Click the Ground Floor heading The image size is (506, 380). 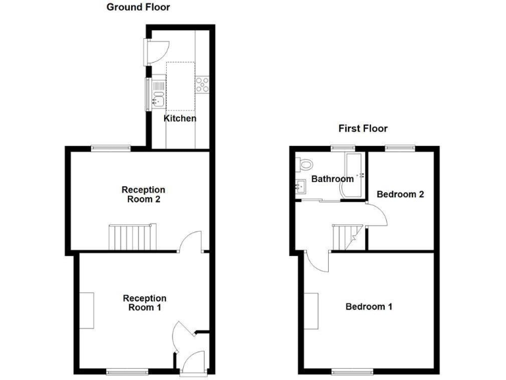coord(138,8)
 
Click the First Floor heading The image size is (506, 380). coord(363,129)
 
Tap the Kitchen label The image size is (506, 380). coord(180,119)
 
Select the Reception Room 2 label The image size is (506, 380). coord(144,195)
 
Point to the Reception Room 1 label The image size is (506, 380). coord(145,303)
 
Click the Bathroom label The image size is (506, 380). coord(333,179)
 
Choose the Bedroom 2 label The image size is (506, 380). coord(400,194)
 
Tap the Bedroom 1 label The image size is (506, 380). coord(369,307)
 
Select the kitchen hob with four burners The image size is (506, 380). coord(202,84)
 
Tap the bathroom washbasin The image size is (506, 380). coord(300,187)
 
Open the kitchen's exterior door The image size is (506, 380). coord(158,51)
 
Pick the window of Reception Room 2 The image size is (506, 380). coord(110,148)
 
